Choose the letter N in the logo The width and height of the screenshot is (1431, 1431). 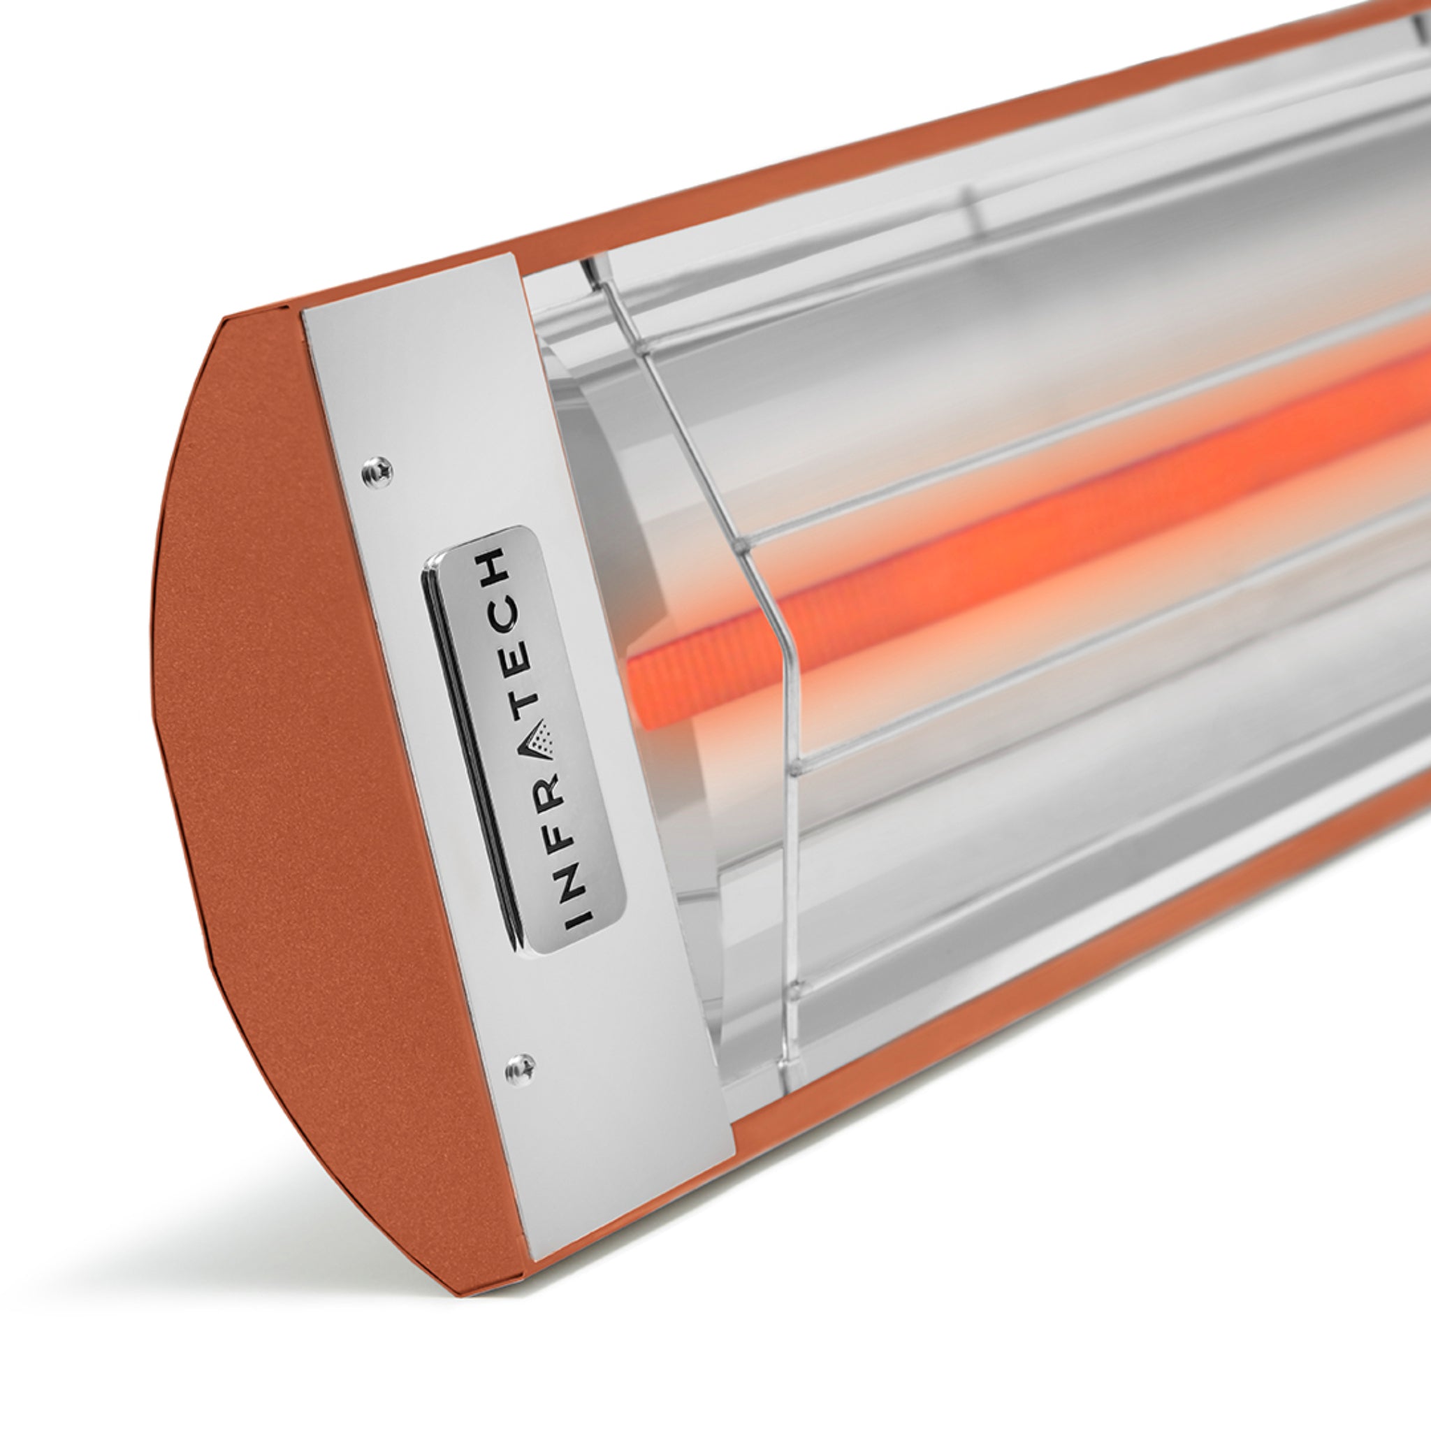[575, 885]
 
